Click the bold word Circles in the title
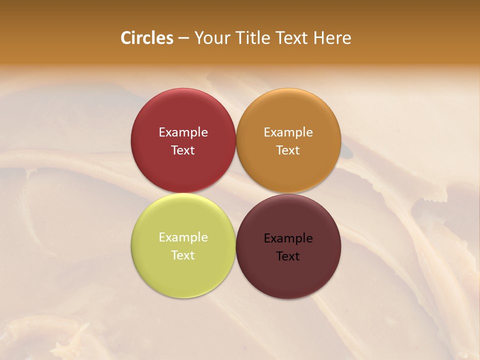[147, 38]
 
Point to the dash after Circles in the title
[183, 38]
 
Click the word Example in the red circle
[183, 132]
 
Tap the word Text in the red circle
[183, 150]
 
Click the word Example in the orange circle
[288, 132]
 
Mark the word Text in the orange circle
[288, 150]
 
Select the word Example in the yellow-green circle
[183, 237]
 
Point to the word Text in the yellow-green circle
[183, 255]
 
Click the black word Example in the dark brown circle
[288, 238]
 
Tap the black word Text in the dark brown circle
[288, 256]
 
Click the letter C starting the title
[126, 38]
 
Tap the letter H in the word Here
[319, 38]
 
